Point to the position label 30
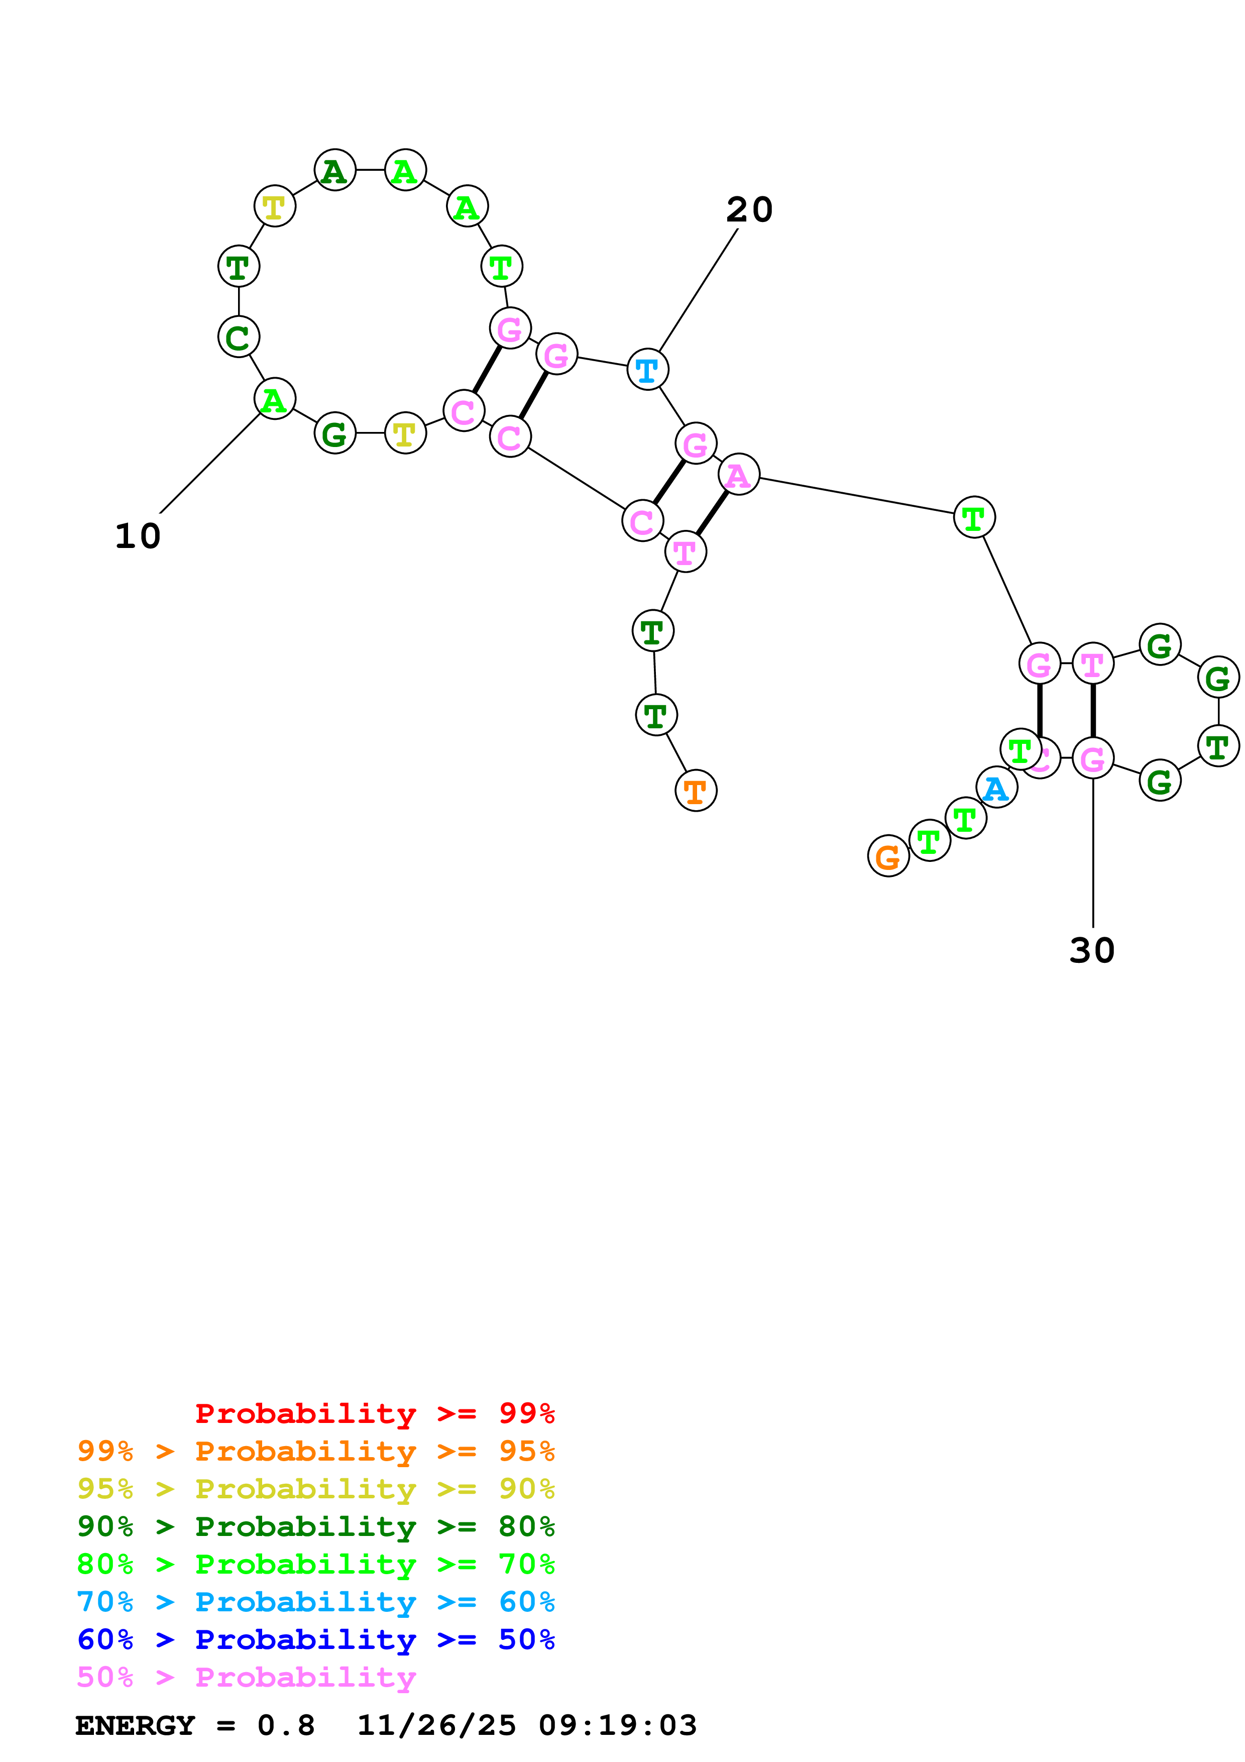coord(1092,951)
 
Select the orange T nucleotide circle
coord(696,791)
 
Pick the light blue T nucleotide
coord(647,369)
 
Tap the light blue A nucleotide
coord(996,788)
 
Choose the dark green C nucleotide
coord(239,337)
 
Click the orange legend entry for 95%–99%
coord(315,1451)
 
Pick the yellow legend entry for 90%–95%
coord(315,1489)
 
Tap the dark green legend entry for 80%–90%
coord(315,1526)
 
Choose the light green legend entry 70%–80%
coord(315,1564)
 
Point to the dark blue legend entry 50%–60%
coord(315,1639)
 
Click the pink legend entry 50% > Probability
coord(246,1677)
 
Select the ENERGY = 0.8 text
coord(195,1725)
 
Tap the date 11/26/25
coord(436,1725)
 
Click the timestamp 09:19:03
coord(618,1725)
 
